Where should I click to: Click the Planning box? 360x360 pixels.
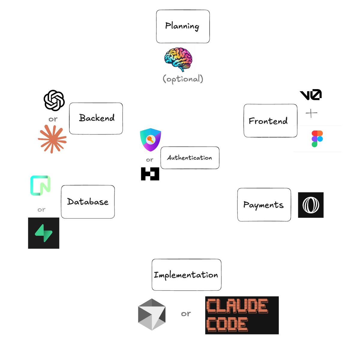[183, 26]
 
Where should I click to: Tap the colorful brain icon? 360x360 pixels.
[178, 59]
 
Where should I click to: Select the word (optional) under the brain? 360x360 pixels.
[183, 79]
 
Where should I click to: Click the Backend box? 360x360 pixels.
[96, 118]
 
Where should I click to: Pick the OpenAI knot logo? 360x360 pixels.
[54, 100]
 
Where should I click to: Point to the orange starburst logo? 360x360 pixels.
[52, 139]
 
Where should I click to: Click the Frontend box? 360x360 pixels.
[270, 121]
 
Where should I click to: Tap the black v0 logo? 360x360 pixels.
[310, 94]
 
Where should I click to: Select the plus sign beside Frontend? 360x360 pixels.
[311, 113]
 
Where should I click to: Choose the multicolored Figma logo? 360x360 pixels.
[317, 139]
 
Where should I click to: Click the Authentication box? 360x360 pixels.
[190, 158]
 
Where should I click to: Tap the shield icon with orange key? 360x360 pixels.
[150, 139]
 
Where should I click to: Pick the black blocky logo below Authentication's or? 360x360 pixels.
[150, 174]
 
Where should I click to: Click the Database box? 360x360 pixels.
[88, 202]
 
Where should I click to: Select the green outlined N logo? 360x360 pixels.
[40, 185]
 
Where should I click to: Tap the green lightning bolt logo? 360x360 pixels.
[43, 233]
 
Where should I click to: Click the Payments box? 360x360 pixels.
[264, 205]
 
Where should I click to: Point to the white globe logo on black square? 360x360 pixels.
[311, 205]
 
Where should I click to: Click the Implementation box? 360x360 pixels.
[186, 274]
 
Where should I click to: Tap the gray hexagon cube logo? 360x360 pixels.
[152, 314]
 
